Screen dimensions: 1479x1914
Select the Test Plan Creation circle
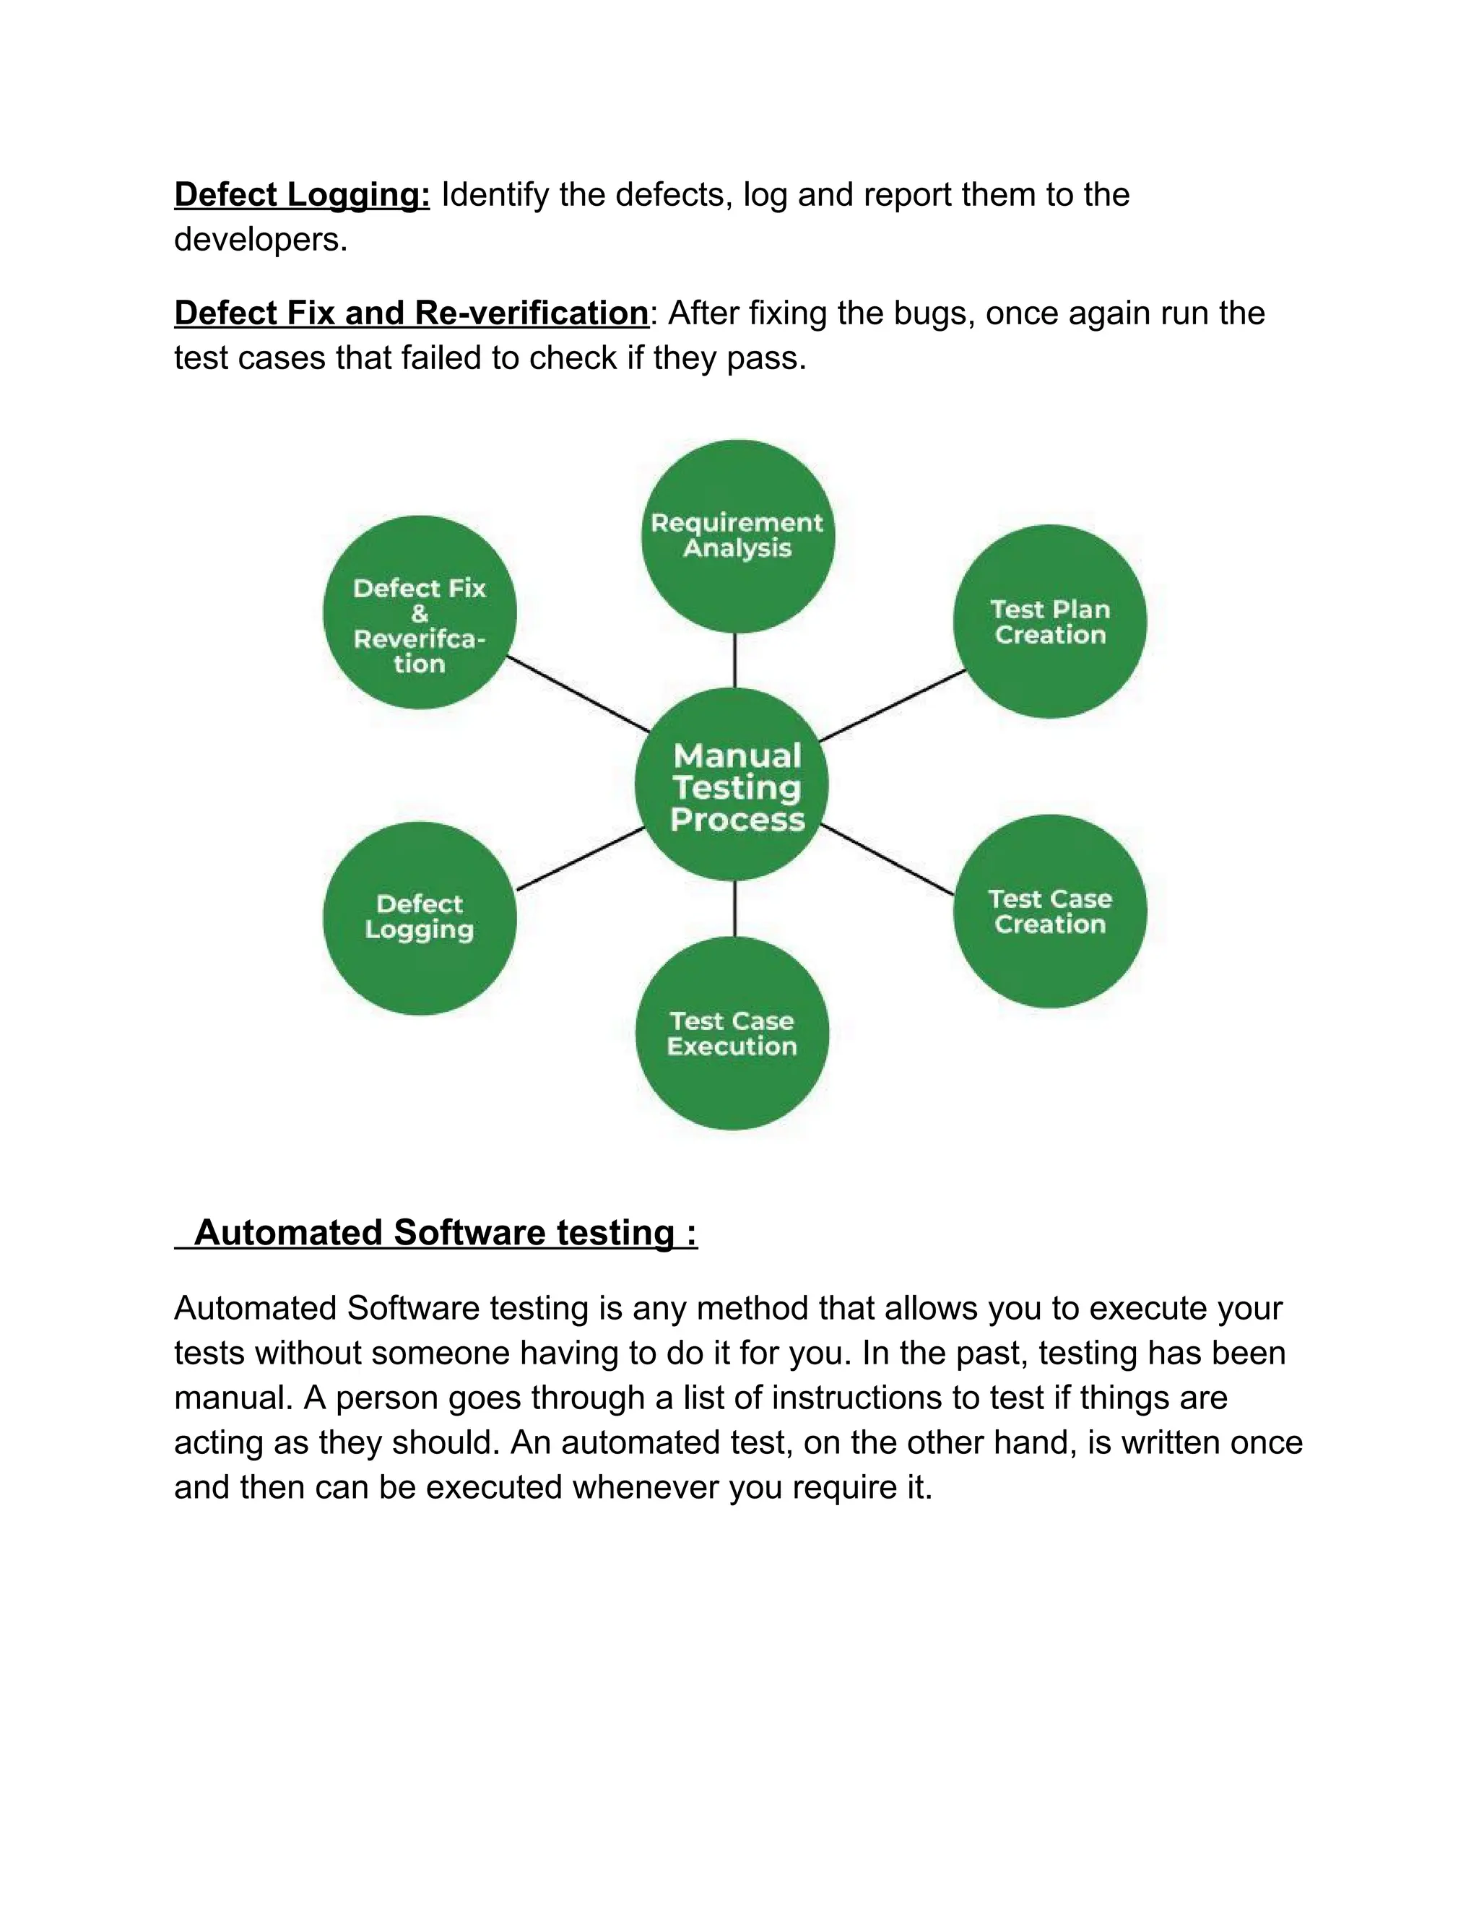click(x=1049, y=621)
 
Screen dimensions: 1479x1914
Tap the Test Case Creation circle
click(x=1049, y=911)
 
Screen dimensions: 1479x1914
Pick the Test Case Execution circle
click(x=732, y=1034)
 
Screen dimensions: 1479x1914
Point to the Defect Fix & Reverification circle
click(x=420, y=612)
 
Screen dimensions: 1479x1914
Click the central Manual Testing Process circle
click(x=732, y=784)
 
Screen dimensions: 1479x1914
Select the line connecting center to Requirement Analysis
click(x=734, y=660)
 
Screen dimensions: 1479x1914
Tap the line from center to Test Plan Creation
click(x=892, y=706)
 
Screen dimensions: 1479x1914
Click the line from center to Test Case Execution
click(x=734, y=908)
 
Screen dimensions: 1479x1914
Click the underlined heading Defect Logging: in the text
click(x=303, y=194)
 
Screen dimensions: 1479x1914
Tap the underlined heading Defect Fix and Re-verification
click(x=411, y=313)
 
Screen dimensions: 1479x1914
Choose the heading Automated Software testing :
click(x=445, y=1232)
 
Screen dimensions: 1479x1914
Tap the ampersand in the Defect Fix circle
click(x=420, y=613)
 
